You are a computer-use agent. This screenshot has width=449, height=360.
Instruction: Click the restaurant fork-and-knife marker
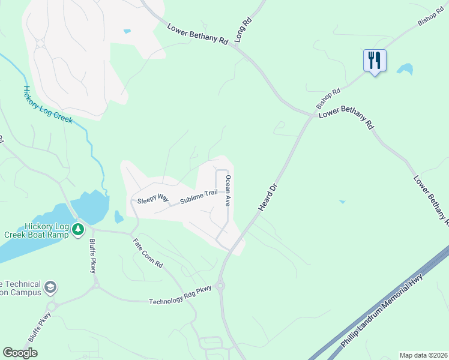pos(375,61)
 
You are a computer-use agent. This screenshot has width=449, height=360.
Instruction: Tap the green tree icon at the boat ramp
pos(77,229)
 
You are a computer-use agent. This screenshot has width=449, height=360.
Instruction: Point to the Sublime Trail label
pos(190,196)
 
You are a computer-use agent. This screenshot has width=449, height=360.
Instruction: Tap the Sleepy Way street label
pos(153,199)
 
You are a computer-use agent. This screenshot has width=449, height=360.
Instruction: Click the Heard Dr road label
pos(270,197)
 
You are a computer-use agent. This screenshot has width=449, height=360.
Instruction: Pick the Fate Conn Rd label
pos(148,253)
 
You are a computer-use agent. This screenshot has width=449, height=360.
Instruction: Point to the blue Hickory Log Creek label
pos(47,105)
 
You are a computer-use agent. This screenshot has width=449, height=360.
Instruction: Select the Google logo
pos(20,353)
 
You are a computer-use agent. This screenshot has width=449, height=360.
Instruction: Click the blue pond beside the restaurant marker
pos(405,68)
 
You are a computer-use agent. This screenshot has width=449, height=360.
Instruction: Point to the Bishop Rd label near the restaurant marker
pos(328,99)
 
